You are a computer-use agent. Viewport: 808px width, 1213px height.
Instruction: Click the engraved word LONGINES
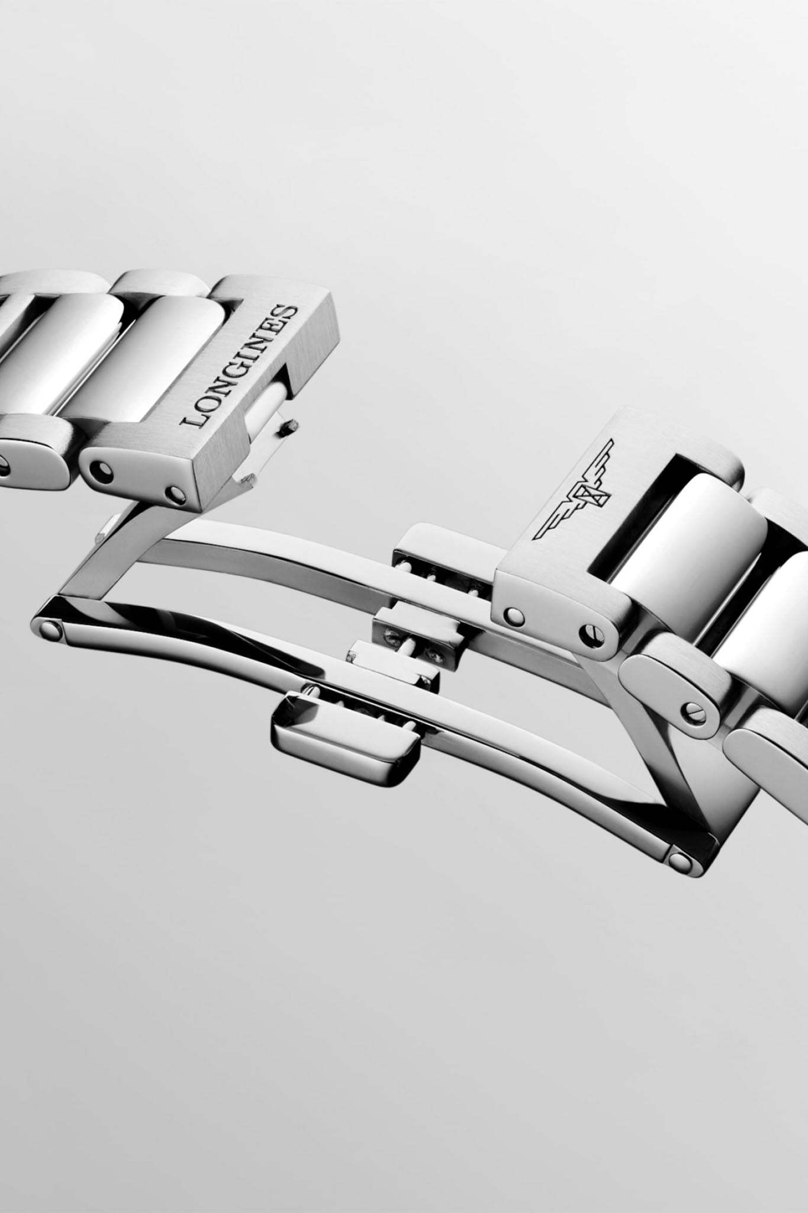(x=239, y=366)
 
